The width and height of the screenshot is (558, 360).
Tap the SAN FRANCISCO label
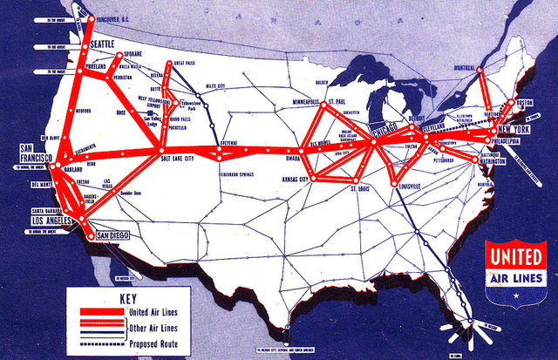coord(37,154)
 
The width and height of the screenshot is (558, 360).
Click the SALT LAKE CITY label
coord(178,160)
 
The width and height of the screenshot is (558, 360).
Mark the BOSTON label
coord(525,103)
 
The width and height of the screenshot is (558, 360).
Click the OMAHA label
coord(294,160)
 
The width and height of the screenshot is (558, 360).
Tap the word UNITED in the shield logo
coord(516,258)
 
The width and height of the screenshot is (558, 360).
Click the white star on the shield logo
coord(515,296)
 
